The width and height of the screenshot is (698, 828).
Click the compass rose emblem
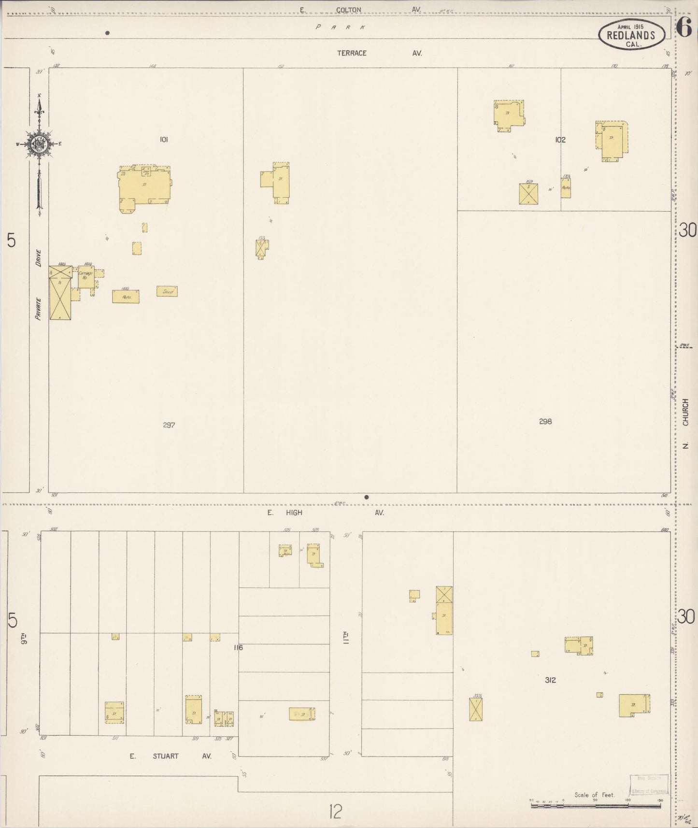39,144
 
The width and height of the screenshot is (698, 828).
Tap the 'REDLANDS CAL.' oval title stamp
631,35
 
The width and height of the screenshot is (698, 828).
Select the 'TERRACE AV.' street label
379,53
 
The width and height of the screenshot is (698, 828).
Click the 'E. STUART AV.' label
170,756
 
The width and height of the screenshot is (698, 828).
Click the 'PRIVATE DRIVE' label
38,285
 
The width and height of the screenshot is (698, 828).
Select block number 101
164,140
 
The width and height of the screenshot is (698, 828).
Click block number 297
169,425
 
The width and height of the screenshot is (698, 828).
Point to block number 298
545,421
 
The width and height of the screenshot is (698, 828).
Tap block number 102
560,140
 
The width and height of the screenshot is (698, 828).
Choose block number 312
550,680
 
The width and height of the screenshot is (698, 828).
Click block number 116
238,647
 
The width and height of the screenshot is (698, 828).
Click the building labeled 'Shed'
167,291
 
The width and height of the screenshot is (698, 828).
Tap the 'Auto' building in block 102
566,188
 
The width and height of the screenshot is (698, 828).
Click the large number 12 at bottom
335,811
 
